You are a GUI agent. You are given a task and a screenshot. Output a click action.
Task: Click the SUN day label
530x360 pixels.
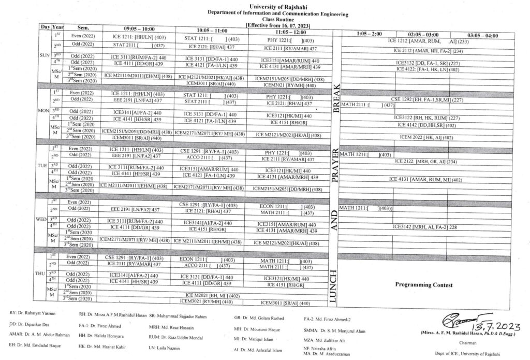44,54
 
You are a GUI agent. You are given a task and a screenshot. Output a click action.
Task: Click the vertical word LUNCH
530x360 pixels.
333,285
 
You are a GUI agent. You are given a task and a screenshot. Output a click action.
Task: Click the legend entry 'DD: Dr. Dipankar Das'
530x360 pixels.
31,325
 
